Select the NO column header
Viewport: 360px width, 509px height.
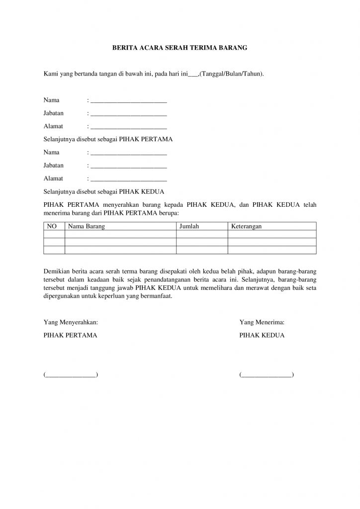(x=51, y=226)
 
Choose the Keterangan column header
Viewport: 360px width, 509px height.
(x=246, y=226)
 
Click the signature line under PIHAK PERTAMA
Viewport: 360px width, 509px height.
(x=71, y=374)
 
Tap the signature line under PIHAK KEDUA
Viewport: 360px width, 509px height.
(x=266, y=374)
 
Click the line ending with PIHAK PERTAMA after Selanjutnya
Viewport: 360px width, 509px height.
(x=108, y=139)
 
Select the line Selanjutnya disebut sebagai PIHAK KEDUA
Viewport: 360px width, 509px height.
(x=104, y=191)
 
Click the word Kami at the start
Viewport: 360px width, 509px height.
(x=51, y=74)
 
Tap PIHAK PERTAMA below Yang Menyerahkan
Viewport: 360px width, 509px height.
(x=71, y=336)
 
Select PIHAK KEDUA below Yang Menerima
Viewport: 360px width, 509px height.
(x=262, y=336)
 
